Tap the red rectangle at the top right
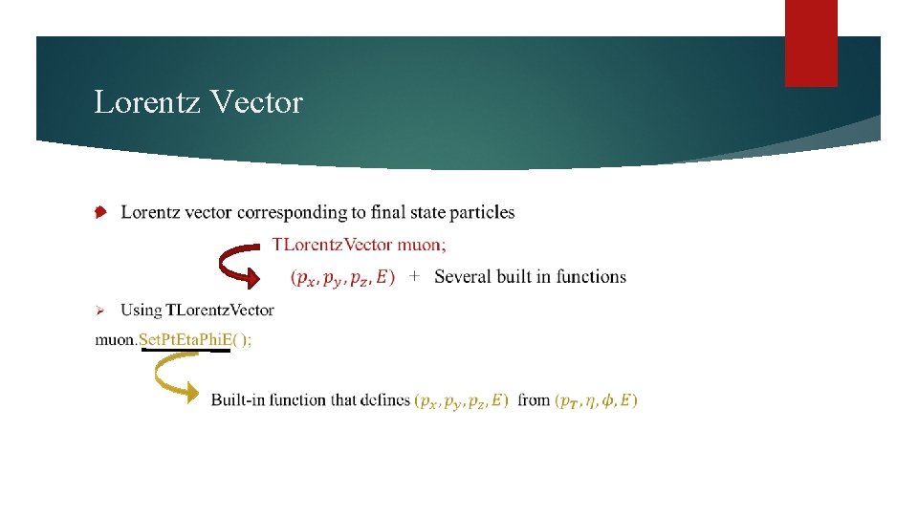click(x=811, y=43)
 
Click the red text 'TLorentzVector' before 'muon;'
click(x=327, y=245)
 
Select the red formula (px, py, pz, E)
click(x=342, y=277)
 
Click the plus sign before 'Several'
click(x=414, y=276)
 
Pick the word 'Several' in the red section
click(x=464, y=277)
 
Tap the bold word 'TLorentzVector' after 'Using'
click(x=220, y=310)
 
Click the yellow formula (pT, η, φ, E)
click(x=597, y=400)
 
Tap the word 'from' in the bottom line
click(x=534, y=399)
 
